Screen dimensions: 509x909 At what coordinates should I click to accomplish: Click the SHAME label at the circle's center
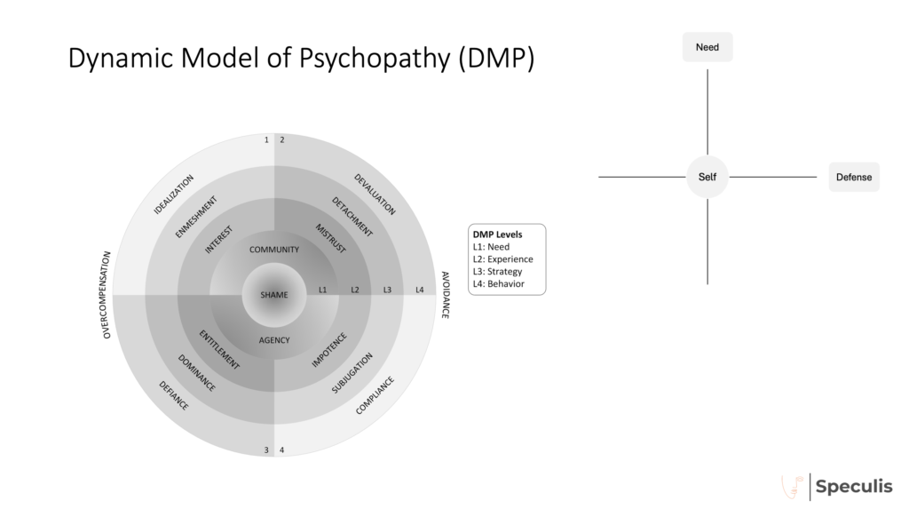tap(274, 295)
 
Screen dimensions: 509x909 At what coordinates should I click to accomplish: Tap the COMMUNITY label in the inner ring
tap(274, 250)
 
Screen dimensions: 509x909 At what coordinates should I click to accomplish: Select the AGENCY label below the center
tap(274, 340)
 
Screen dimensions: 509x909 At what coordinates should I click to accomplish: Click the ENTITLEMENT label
tap(218, 347)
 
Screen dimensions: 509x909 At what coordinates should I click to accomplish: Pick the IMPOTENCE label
tap(328, 350)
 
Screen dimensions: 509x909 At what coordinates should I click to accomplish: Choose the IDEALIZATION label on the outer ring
tap(174, 195)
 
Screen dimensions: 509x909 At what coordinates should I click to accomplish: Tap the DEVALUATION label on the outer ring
tap(375, 193)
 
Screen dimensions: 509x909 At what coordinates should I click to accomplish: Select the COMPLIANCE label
tap(375, 395)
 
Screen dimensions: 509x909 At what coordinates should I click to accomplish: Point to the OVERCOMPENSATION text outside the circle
tap(107, 295)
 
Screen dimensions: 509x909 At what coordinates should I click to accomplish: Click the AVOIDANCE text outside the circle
tap(444, 295)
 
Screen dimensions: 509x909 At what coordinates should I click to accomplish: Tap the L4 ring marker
tap(419, 290)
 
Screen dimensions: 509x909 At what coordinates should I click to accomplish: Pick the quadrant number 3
tap(265, 449)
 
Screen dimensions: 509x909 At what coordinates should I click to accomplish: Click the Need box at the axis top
tap(707, 47)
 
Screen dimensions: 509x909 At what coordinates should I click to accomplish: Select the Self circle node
tap(707, 177)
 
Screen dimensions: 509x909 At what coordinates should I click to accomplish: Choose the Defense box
tap(853, 177)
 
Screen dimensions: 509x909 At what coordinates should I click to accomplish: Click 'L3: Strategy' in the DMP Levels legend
tap(498, 271)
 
